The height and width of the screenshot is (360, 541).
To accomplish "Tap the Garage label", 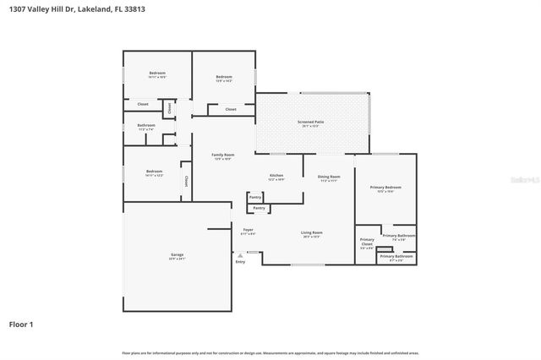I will [178, 254].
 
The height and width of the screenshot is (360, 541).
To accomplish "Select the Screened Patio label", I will [310, 122].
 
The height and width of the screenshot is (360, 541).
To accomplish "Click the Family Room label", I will [222, 155].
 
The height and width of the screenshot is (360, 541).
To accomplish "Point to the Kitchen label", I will [276, 176].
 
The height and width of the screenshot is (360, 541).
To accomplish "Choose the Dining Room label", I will [328, 177].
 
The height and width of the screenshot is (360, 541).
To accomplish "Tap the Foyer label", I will [248, 230].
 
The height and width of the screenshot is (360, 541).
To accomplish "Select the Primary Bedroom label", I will [385, 188].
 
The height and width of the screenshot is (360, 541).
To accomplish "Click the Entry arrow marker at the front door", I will [240, 254].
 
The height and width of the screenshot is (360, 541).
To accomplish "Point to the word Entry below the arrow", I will [240, 262].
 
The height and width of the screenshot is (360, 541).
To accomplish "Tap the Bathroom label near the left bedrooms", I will [146, 125].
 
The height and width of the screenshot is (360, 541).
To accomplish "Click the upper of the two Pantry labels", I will [255, 197].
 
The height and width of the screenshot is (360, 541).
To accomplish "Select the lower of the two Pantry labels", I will [259, 207].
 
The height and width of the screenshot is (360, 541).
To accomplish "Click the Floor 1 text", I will [21, 324].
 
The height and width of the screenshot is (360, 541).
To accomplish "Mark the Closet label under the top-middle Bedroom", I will [230, 109].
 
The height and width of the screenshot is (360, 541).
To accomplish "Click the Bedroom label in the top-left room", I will [156, 74].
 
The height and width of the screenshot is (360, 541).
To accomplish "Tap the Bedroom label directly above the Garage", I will [153, 172].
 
